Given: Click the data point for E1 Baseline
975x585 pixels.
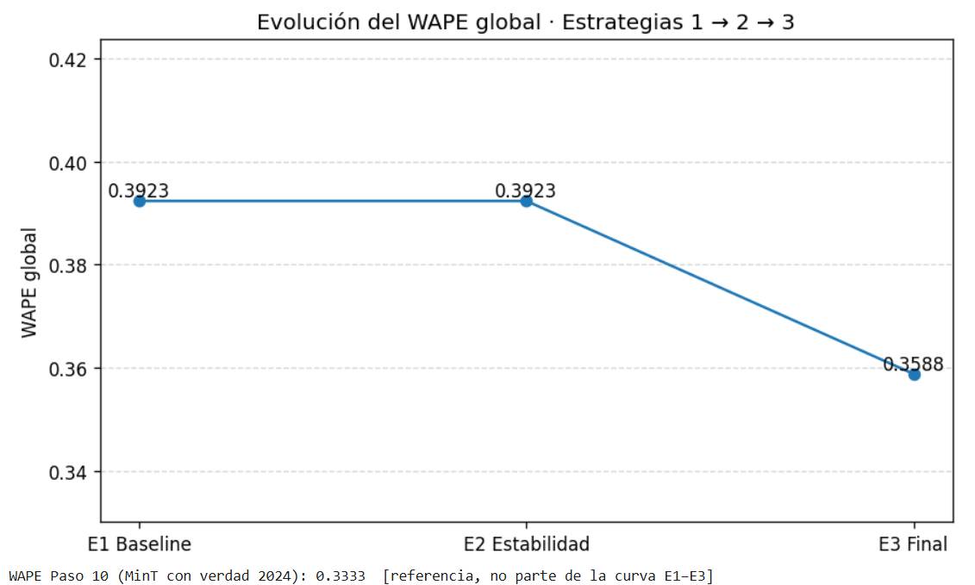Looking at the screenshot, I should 139,201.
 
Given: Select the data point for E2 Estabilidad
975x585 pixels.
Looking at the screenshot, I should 526,201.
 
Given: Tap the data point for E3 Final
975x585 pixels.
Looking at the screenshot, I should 914,375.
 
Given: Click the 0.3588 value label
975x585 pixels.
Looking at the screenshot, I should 913,364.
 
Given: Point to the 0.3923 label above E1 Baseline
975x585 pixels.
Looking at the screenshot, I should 138,190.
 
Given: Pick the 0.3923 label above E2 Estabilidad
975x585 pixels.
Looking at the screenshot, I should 525,190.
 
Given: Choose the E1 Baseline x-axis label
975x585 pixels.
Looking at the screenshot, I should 140,544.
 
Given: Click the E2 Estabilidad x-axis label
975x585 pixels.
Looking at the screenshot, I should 526,544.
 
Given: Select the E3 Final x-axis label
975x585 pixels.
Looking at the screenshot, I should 913,544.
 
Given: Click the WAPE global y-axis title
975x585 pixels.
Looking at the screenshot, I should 30,283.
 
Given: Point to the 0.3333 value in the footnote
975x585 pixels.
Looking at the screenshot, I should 341,575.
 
